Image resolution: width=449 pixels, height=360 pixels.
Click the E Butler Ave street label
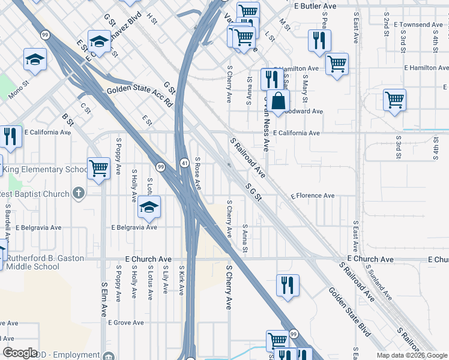[315, 5]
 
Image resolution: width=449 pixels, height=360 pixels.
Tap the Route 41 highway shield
[185, 163]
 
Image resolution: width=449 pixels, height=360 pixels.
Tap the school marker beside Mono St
[35, 59]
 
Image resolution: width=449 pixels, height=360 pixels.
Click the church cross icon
[77, 193]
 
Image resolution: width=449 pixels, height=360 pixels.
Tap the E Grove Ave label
[126, 322]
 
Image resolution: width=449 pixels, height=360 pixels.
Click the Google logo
[20, 353]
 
